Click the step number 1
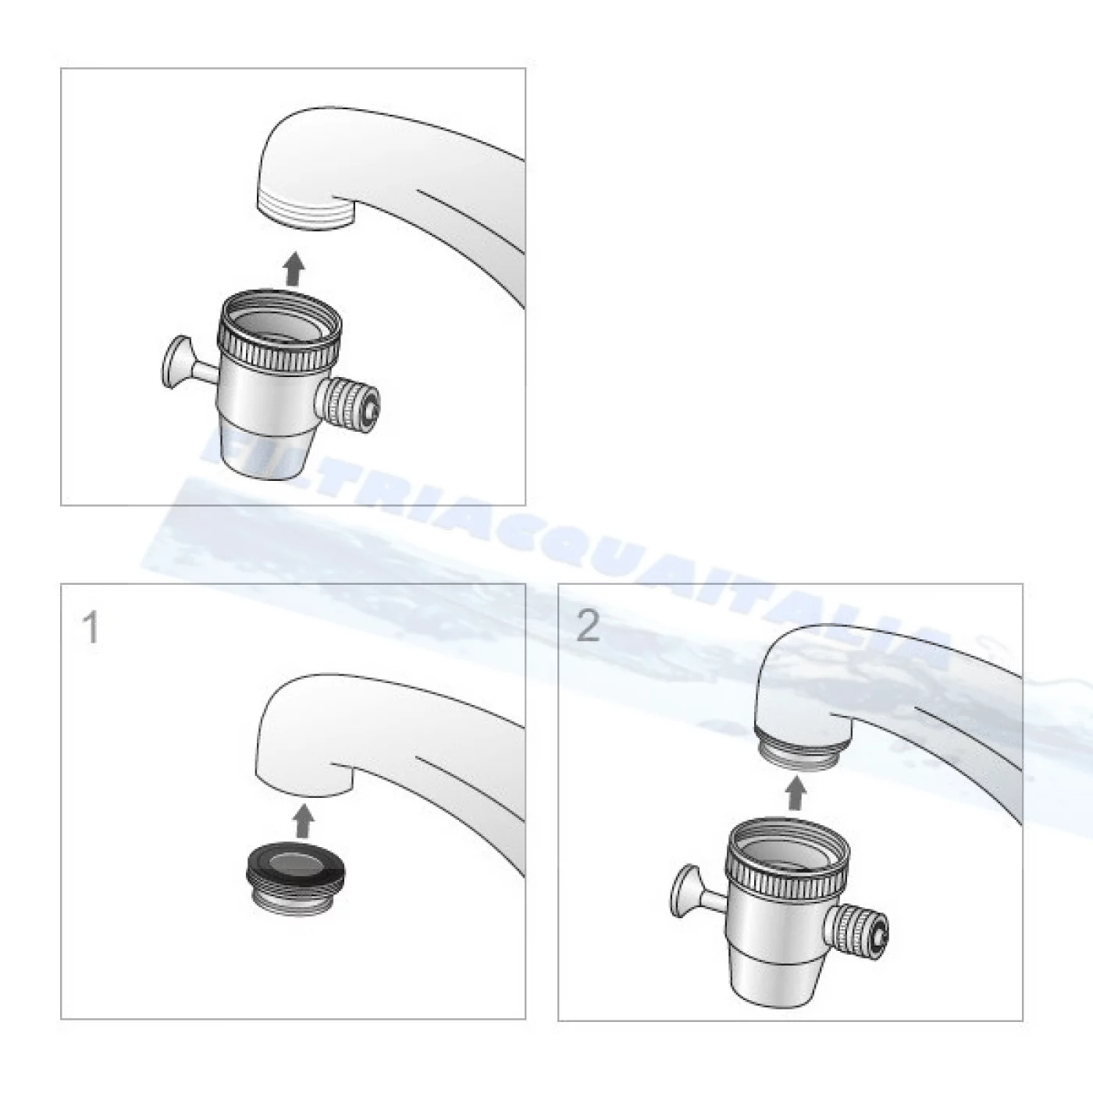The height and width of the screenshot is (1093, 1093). tap(91, 628)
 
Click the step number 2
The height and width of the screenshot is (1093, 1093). tap(588, 626)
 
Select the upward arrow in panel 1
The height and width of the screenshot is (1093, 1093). tap(304, 821)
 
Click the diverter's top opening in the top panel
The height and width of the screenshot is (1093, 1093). tap(283, 320)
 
